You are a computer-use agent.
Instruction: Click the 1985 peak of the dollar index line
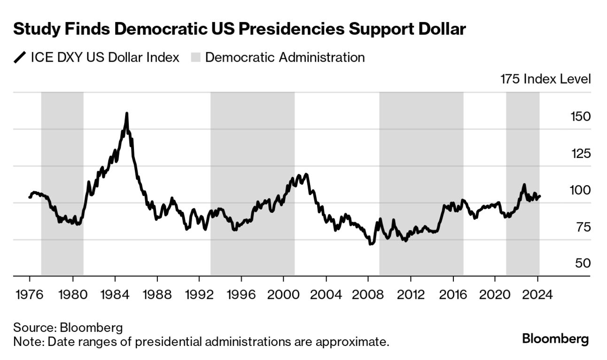[x=126, y=113]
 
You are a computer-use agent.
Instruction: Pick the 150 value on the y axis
[x=577, y=116]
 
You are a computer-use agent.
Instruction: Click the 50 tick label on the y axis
[x=582, y=263]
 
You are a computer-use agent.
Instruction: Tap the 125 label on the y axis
[x=577, y=153]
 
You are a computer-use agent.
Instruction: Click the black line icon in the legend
[x=20, y=58]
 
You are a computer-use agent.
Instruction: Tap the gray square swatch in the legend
[x=195, y=58]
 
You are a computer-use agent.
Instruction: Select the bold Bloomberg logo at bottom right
[x=555, y=338]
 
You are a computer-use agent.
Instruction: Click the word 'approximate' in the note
[x=353, y=341]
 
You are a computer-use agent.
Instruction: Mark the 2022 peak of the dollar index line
[x=524, y=185]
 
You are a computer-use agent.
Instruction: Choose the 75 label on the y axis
[x=582, y=227]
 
